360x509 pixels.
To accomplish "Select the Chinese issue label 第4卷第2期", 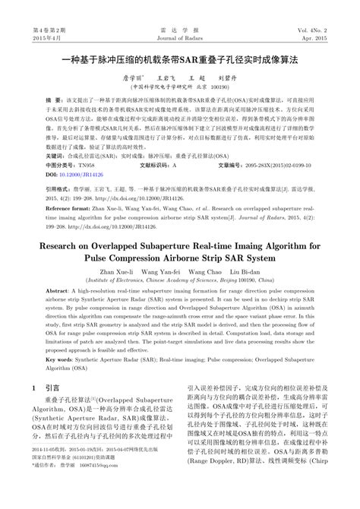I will click(x=30, y=8).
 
